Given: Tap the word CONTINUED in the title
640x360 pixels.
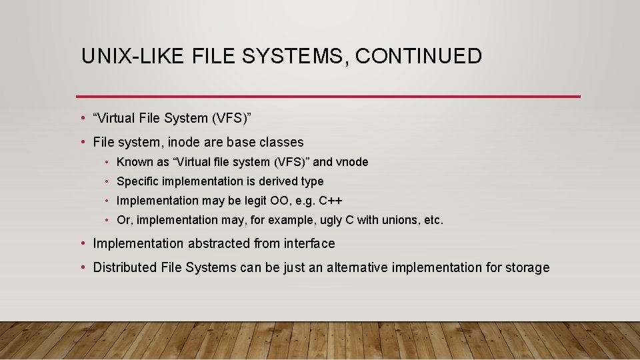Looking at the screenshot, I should (x=418, y=56).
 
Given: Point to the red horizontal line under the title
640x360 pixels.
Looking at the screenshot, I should (x=328, y=97).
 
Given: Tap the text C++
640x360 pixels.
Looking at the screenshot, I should (x=331, y=201).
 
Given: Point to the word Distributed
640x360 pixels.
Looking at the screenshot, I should (x=125, y=267).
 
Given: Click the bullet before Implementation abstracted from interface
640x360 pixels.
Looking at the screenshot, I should (x=82, y=243).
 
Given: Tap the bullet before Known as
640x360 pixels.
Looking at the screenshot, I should (x=107, y=162).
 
